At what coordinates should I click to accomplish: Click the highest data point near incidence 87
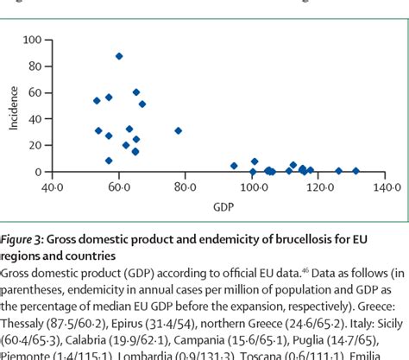119,56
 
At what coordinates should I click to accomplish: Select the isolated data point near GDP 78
179,131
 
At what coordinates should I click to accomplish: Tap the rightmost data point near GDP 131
356,171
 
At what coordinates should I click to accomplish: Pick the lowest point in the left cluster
109,161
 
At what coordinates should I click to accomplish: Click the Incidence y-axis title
13,105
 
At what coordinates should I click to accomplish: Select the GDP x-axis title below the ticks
220,207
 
